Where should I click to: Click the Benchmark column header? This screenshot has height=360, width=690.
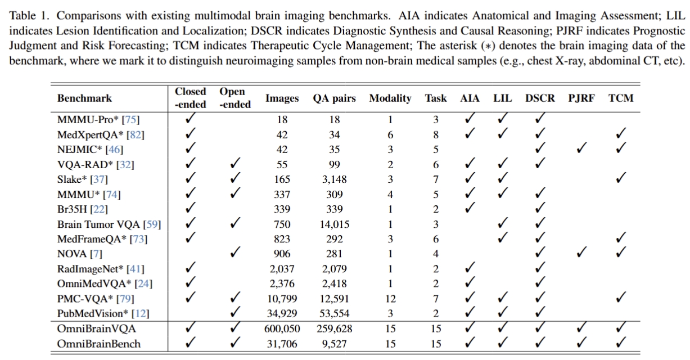[x=84, y=98]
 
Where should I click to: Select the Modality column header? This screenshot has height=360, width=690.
[x=390, y=98]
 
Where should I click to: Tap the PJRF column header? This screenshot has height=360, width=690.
[x=581, y=98]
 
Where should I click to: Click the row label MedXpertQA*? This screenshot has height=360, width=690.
[x=84, y=134]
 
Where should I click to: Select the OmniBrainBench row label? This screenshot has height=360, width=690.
[x=99, y=343]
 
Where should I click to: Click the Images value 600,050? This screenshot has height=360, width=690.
[x=282, y=328]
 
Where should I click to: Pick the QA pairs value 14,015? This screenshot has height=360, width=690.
[x=334, y=224]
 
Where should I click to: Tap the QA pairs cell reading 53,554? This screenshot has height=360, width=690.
[x=334, y=313]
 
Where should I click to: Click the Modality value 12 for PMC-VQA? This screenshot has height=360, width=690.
[x=390, y=299]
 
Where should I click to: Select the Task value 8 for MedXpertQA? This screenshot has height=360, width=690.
[x=436, y=134]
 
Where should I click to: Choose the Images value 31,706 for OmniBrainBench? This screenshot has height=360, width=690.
[x=282, y=343]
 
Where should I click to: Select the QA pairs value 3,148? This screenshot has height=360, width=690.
[x=334, y=179]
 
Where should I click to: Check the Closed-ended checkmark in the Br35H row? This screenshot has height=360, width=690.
[x=190, y=209]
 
